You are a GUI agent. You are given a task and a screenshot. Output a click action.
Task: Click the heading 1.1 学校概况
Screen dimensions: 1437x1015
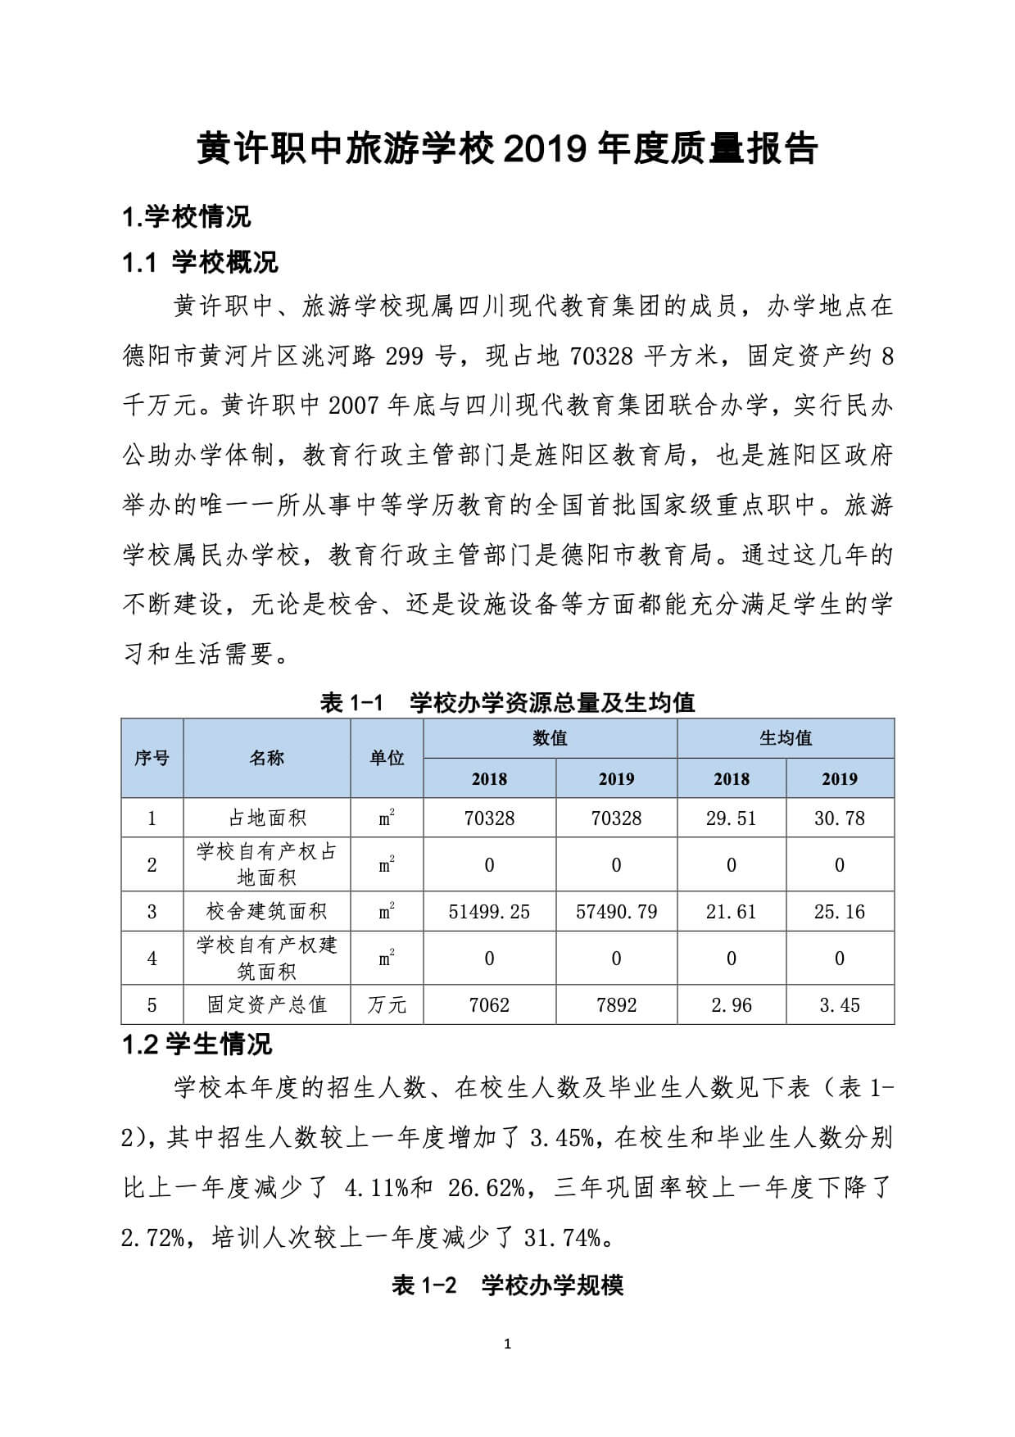tap(200, 262)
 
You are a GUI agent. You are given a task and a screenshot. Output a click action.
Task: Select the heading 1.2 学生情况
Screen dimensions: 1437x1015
tap(197, 1044)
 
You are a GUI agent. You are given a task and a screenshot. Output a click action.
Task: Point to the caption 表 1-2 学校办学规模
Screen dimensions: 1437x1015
tap(507, 1285)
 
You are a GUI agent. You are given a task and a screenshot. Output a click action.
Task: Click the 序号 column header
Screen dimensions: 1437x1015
tap(152, 758)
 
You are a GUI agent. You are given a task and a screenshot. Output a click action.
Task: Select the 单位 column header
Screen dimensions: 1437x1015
tap(387, 758)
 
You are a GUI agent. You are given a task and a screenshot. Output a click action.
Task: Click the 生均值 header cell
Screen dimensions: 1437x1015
tap(785, 738)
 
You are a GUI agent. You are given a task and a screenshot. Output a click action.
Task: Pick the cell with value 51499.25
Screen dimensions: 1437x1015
tap(489, 911)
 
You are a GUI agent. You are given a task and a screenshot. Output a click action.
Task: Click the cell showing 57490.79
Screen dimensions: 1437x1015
tap(616, 911)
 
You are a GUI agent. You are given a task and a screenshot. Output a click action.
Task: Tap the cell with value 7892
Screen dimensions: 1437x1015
tap(616, 1004)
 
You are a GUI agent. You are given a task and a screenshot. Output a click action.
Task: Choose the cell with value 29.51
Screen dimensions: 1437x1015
tap(731, 818)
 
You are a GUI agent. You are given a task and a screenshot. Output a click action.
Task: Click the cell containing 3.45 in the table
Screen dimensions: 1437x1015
tap(840, 1004)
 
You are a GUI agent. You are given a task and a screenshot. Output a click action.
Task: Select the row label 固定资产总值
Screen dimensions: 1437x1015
tap(266, 1004)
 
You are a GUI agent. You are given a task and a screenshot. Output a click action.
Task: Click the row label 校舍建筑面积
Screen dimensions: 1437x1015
tap(266, 911)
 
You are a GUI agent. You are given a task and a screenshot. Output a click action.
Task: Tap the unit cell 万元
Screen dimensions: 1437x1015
tap(387, 1004)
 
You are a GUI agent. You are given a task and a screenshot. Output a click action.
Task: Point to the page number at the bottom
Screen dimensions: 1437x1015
tap(507, 1344)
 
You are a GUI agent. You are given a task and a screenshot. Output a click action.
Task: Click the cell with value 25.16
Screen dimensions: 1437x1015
tap(840, 911)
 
